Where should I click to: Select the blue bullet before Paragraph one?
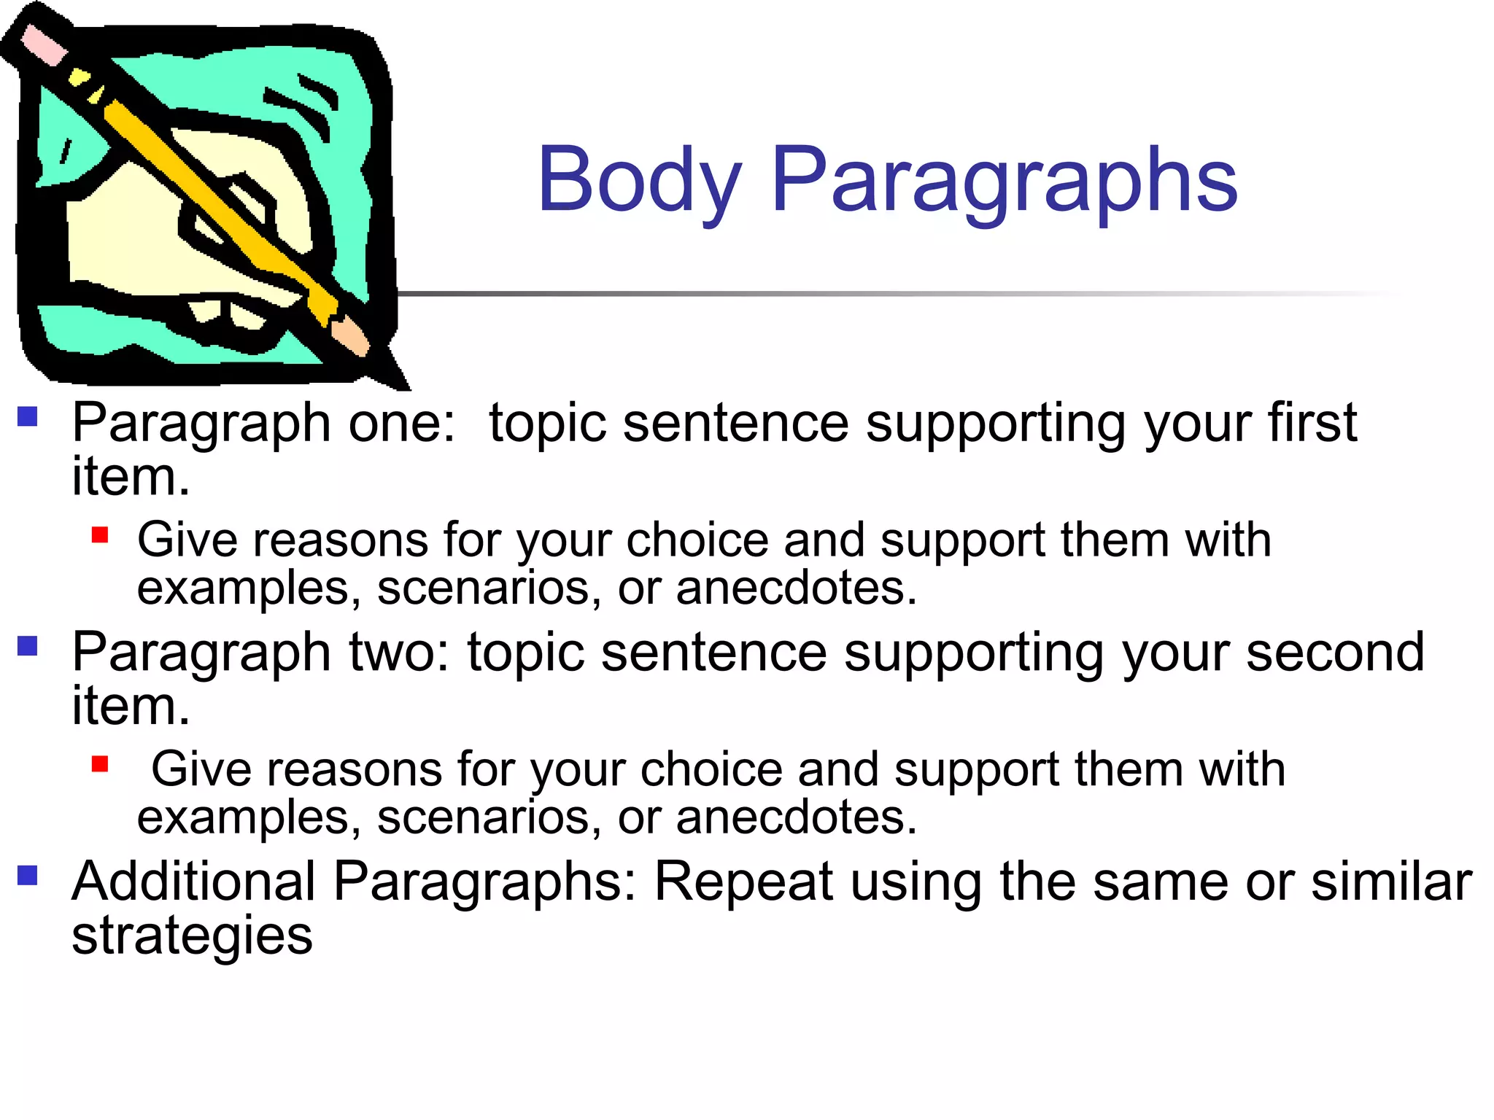(28, 416)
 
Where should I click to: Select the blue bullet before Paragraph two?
(28, 646)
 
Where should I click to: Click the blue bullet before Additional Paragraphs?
(28, 875)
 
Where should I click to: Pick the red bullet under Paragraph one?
(100, 536)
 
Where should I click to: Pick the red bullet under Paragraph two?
(100, 764)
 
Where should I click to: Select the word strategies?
(192, 936)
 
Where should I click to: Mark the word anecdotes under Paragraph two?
(795, 817)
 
